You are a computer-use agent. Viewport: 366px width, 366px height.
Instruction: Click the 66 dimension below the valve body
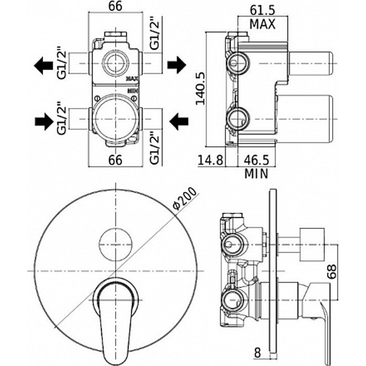click(115, 160)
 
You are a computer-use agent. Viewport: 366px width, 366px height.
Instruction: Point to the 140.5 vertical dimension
click(201, 88)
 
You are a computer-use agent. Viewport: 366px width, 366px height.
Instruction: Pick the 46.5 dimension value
click(256, 160)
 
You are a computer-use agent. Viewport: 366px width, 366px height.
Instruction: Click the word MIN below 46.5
click(256, 173)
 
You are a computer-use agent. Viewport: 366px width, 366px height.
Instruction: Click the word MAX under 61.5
click(262, 24)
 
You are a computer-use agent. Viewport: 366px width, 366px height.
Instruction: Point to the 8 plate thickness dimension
click(257, 353)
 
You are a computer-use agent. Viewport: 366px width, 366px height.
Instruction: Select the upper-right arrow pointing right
click(177, 65)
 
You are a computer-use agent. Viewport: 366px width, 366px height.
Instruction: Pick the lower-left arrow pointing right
click(44, 121)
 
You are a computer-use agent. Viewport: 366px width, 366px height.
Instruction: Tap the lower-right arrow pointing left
click(179, 121)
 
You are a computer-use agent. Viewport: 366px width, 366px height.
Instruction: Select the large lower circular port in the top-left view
click(115, 119)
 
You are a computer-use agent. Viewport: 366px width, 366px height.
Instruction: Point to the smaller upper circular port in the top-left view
click(115, 62)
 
